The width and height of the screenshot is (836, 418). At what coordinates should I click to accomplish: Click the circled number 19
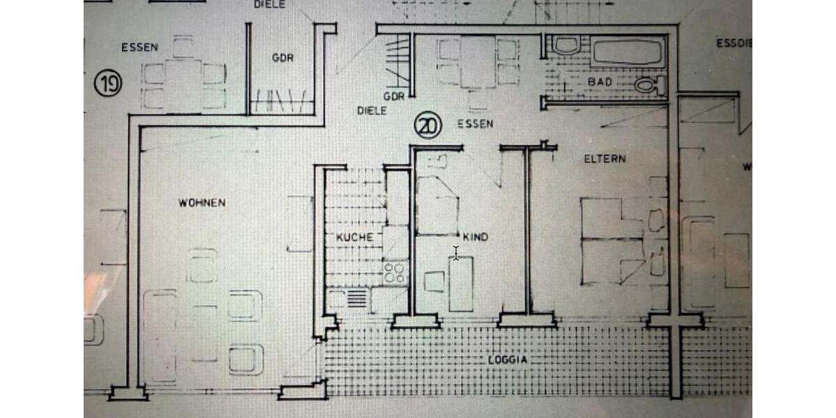coord(108,85)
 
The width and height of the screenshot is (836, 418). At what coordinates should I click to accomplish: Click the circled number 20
coord(428,125)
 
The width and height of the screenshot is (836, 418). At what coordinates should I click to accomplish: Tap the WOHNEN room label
coord(201,203)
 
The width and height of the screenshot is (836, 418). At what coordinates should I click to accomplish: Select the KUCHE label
coord(355,237)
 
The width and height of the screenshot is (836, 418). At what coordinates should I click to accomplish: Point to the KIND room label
coord(475,238)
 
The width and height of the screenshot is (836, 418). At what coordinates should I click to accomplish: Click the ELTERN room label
coord(605,159)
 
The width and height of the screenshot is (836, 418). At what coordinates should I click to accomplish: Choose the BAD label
coord(599,82)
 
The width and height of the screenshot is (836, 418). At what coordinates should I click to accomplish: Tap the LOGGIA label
coord(508,360)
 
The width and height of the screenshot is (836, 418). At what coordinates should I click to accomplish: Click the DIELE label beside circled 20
coord(372,110)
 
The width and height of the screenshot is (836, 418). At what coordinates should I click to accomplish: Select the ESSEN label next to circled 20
coord(475,124)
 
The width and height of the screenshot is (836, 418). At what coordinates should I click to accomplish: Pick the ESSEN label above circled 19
coord(139,48)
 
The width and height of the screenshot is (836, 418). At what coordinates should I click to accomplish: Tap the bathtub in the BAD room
coord(628,52)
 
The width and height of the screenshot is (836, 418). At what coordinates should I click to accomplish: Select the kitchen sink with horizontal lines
coord(357,299)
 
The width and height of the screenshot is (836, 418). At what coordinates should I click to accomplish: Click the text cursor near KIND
coord(456,253)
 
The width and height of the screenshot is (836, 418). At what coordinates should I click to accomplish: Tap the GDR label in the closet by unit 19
coord(282,58)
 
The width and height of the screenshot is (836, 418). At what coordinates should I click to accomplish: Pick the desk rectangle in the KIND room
coord(460,284)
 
